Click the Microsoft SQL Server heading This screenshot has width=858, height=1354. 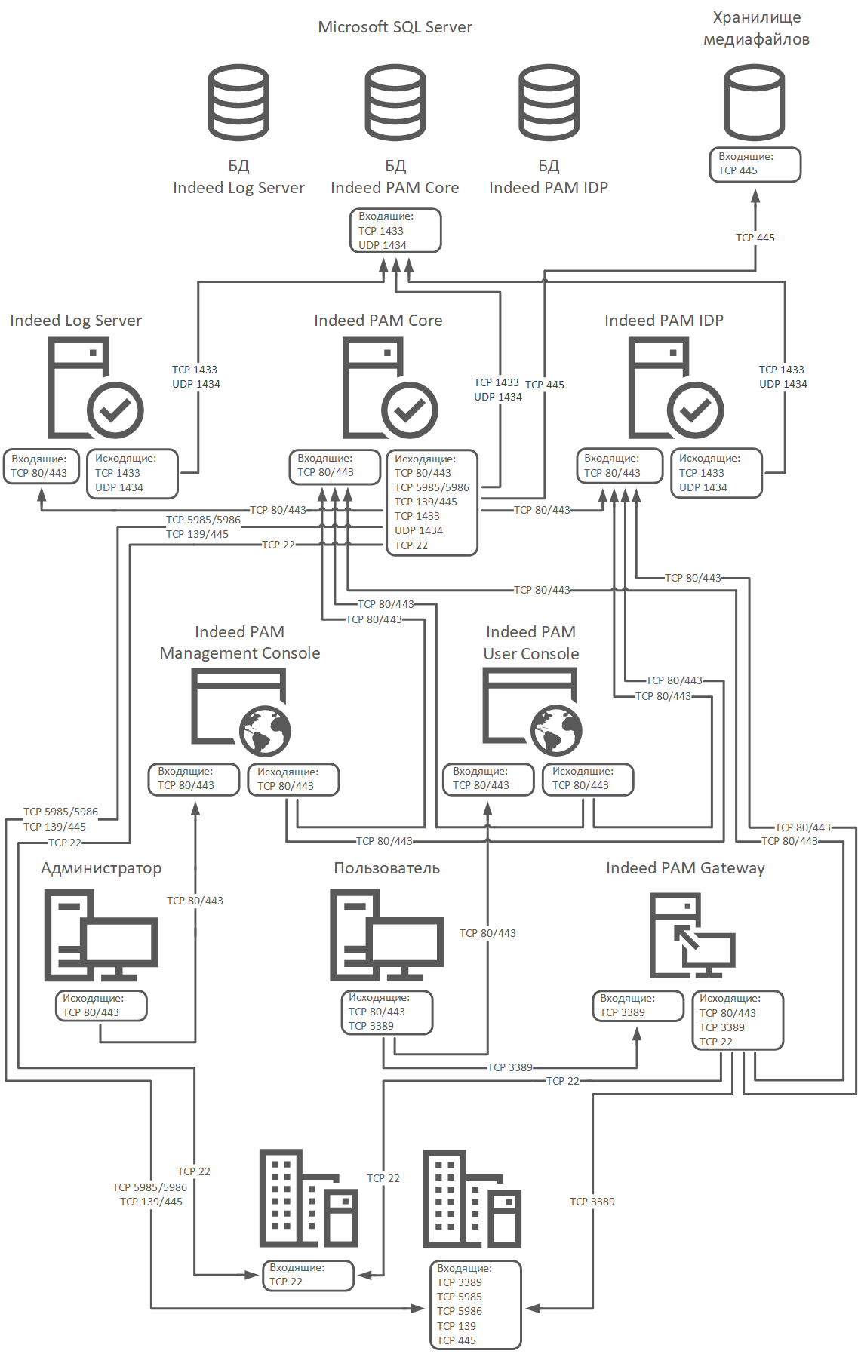coord(395,27)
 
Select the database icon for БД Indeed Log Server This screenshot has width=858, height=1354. coord(238,103)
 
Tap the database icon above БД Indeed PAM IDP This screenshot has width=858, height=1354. coord(549,103)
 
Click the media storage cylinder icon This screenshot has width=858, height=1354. coord(755,103)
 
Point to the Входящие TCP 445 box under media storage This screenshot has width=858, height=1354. coord(755,164)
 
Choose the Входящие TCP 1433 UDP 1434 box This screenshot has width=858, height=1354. coord(395,231)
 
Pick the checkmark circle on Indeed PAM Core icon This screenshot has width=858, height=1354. coord(409,410)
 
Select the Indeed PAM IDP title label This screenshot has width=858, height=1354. coord(663,321)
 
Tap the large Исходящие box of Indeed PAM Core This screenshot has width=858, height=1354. coord(432,502)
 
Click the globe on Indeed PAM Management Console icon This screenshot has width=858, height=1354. coord(265,731)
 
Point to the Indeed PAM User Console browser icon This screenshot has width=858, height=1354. coord(531,712)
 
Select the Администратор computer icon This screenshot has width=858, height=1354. coord(100,935)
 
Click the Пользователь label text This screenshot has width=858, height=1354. coord(386,868)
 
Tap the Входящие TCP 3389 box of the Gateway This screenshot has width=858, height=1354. coord(638,1006)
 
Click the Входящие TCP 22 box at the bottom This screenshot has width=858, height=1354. coord(308,1276)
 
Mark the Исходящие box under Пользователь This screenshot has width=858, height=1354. coord(386,1012)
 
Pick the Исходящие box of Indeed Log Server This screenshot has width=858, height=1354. coord(132,474)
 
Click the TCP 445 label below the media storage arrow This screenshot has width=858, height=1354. coord(755,238)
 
